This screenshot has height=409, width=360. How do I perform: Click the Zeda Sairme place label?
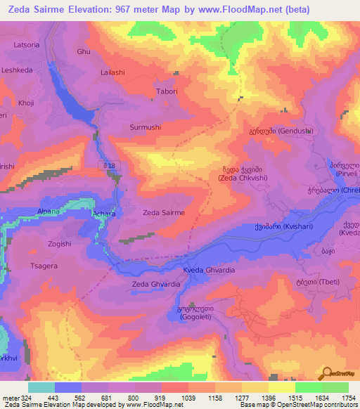click(x=164, y=212)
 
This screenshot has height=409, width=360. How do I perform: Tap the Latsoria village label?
click(x=27, y=45)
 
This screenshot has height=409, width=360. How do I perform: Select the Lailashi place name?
click(x=112, y=72)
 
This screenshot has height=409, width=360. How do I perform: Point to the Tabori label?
click(x=167, y=92)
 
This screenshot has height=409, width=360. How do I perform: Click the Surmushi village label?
click(x=146, y=128)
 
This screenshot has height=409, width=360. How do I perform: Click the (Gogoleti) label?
click(x=192, y=317)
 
